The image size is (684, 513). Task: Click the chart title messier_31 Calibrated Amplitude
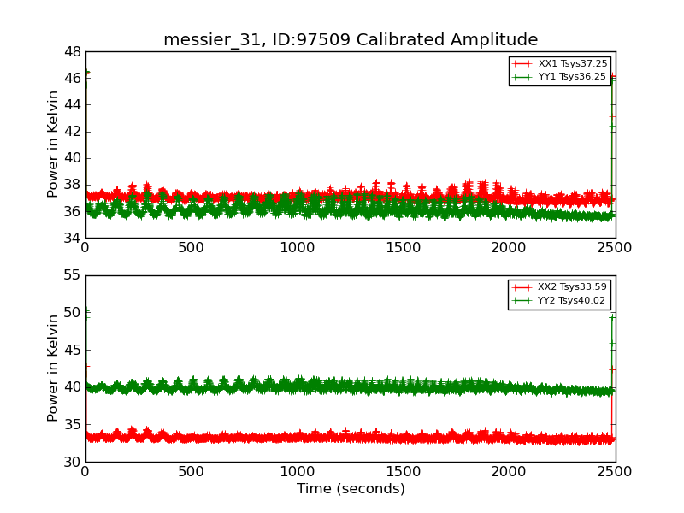[351, 40]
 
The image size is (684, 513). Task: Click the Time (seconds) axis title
[351, 489]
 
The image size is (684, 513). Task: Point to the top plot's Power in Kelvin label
[54, 144]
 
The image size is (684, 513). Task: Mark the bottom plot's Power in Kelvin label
[54, 368]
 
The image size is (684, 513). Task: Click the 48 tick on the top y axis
[71, 51]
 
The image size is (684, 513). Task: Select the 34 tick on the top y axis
[71, 238]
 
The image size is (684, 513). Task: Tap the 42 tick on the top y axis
[71, 131]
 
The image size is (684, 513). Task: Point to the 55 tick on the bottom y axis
[71, 275]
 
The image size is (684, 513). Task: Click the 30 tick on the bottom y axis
[71, 462]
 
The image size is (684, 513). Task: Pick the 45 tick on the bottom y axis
[71, 350]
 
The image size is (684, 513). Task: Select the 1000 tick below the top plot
[298, 247]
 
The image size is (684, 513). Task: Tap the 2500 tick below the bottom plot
[616, 471]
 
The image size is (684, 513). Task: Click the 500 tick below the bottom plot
[192, 471]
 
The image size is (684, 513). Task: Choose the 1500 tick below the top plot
[404, 247]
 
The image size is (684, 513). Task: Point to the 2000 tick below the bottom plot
[510, 471]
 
